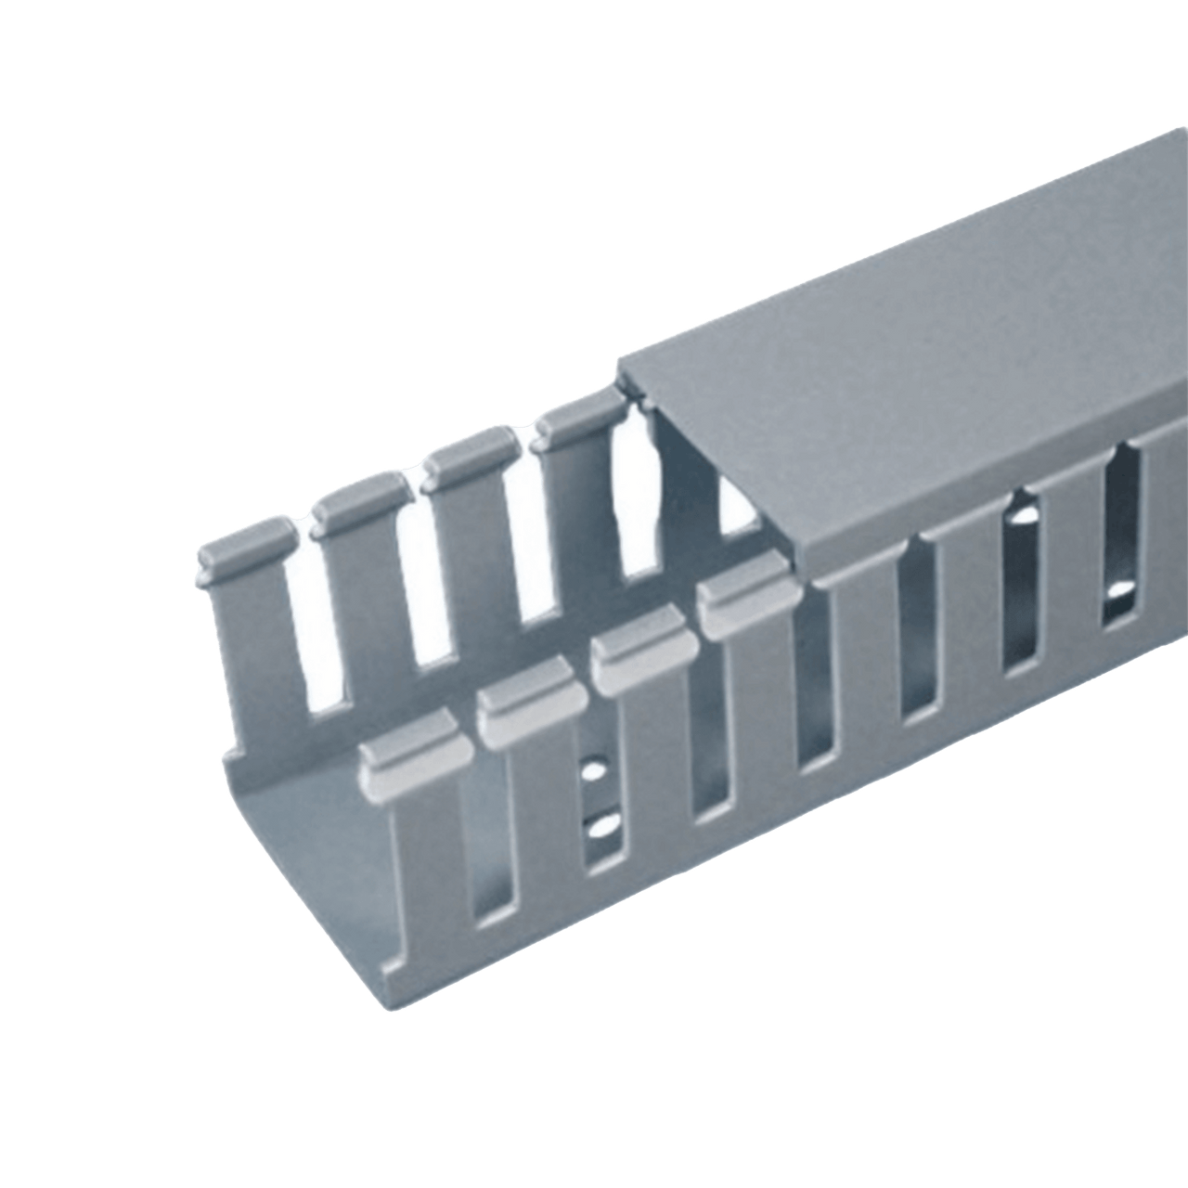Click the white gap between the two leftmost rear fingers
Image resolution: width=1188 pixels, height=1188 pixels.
click(313, 640)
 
